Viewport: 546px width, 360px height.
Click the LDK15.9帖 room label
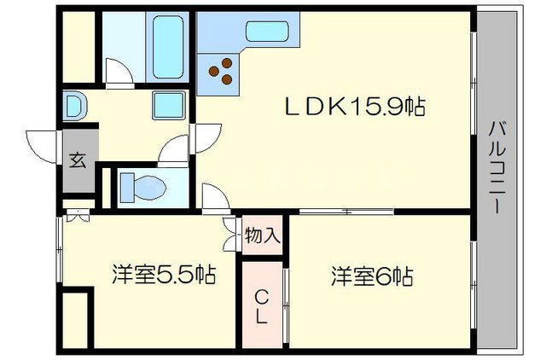coord(355,107)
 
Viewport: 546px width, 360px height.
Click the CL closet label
coord(263,305)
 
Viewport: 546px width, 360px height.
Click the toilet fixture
coord(142,185)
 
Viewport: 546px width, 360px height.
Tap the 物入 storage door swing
coord(231,235)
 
